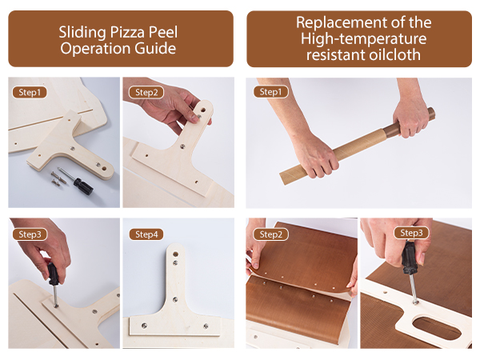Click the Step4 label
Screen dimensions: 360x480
(147, 234)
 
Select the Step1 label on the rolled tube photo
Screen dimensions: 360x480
(270, 92)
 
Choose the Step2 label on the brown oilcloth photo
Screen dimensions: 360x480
(270, 234)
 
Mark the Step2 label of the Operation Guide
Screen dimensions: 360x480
(147, 92)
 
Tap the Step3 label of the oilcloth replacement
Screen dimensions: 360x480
(411, 233)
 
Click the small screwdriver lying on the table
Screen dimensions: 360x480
(78, 183)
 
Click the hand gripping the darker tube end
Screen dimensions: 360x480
(413, 118)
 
